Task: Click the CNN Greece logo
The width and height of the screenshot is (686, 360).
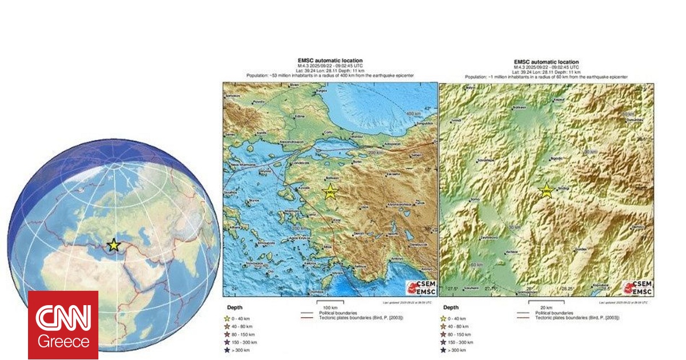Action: [x=63, y=325]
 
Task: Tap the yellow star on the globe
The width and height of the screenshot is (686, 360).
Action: [x=114, y=245]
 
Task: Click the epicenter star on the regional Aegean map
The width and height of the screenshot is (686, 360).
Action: [x=330, y=192]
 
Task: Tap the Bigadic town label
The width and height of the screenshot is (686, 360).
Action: [x=556, y=158]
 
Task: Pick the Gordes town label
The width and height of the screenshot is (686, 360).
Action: [x=583, y=249]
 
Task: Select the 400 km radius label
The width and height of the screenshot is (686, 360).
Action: [x=413, y=114]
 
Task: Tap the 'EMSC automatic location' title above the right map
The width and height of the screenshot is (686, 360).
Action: [x=546, y=62]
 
